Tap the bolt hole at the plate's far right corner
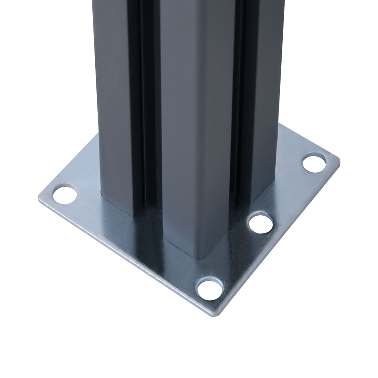pos(314,163)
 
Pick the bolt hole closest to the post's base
pos(261,223)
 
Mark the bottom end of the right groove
pos(240,207)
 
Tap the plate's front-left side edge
pos(126,258)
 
